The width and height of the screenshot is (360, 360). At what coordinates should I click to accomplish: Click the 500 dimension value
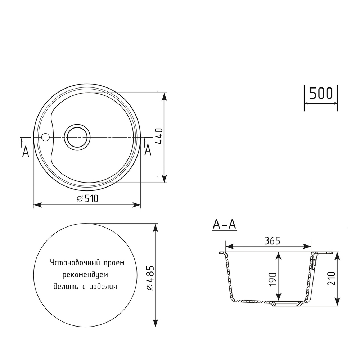pyautogui.click(x=321, y=93)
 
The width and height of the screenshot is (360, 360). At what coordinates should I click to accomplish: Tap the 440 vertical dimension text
pyautogui.click(x=159, y=136)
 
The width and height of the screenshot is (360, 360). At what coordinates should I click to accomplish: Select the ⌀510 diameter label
pyautogui.click(x=87, y=199)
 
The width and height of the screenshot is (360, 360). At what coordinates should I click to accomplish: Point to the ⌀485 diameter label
pyautogui.click(x=150, y=278)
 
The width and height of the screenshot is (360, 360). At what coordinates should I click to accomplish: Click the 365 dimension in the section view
pyautogui.click(x=272, y=241)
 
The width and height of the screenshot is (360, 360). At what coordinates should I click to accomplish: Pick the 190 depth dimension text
pyautogui.click(x=273, y=279)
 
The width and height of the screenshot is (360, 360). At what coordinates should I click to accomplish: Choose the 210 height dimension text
pyautogui.click(x=331, y=278)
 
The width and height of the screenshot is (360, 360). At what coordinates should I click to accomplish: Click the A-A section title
pyautogui.click(x=224, y=224)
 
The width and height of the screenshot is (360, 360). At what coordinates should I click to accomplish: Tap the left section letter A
pyautogui.click(x=26, y=152)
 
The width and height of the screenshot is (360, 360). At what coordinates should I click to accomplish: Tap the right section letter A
pyautogui.click(x=148, y=150)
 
